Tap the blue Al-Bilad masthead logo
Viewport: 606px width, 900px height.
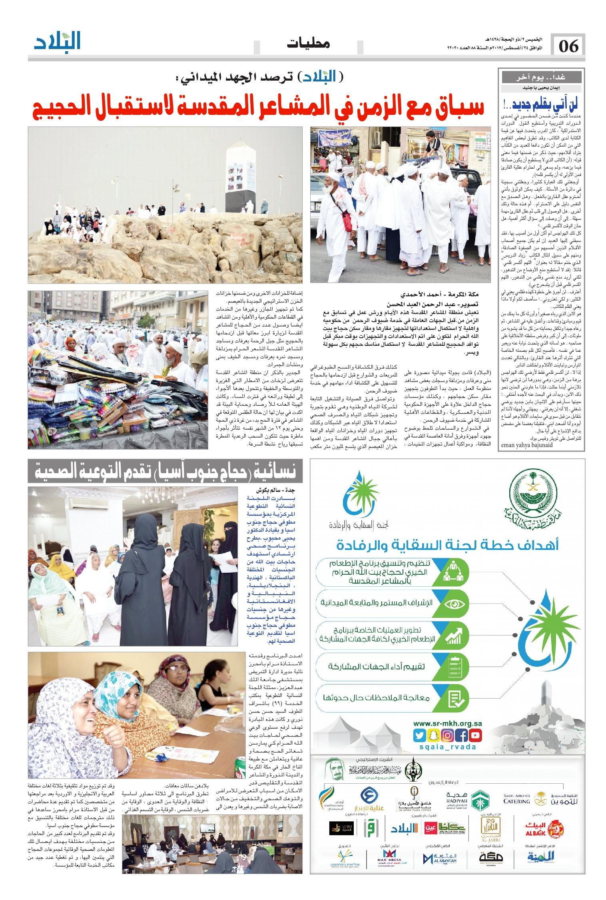(57, 41)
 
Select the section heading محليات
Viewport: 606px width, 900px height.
(308, 43)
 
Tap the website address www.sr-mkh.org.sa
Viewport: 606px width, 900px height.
(447, 723)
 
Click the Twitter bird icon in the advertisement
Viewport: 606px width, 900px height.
(419, 735)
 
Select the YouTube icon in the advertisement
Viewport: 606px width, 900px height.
(476, 735)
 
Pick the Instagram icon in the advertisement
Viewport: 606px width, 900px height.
(447, 735)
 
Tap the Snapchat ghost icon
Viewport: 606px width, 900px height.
(433, 735)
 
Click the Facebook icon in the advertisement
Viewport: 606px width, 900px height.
(462, 735)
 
